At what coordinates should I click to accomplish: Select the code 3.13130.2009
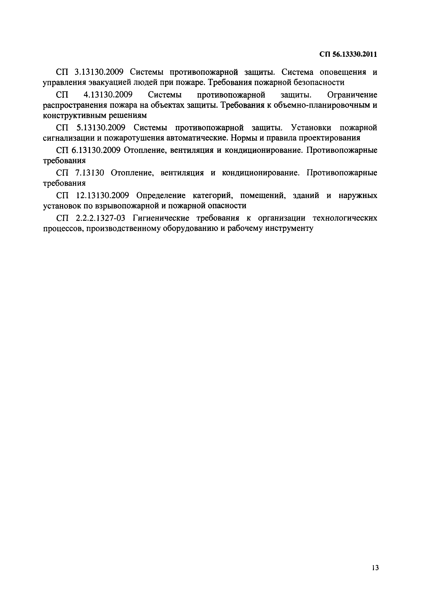point(100,72)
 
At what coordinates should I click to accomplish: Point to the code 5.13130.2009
point(100,128)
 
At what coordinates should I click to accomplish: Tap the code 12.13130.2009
point(102,196)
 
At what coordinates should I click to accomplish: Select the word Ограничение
point(352,95)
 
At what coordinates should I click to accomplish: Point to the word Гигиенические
point(161,218)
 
